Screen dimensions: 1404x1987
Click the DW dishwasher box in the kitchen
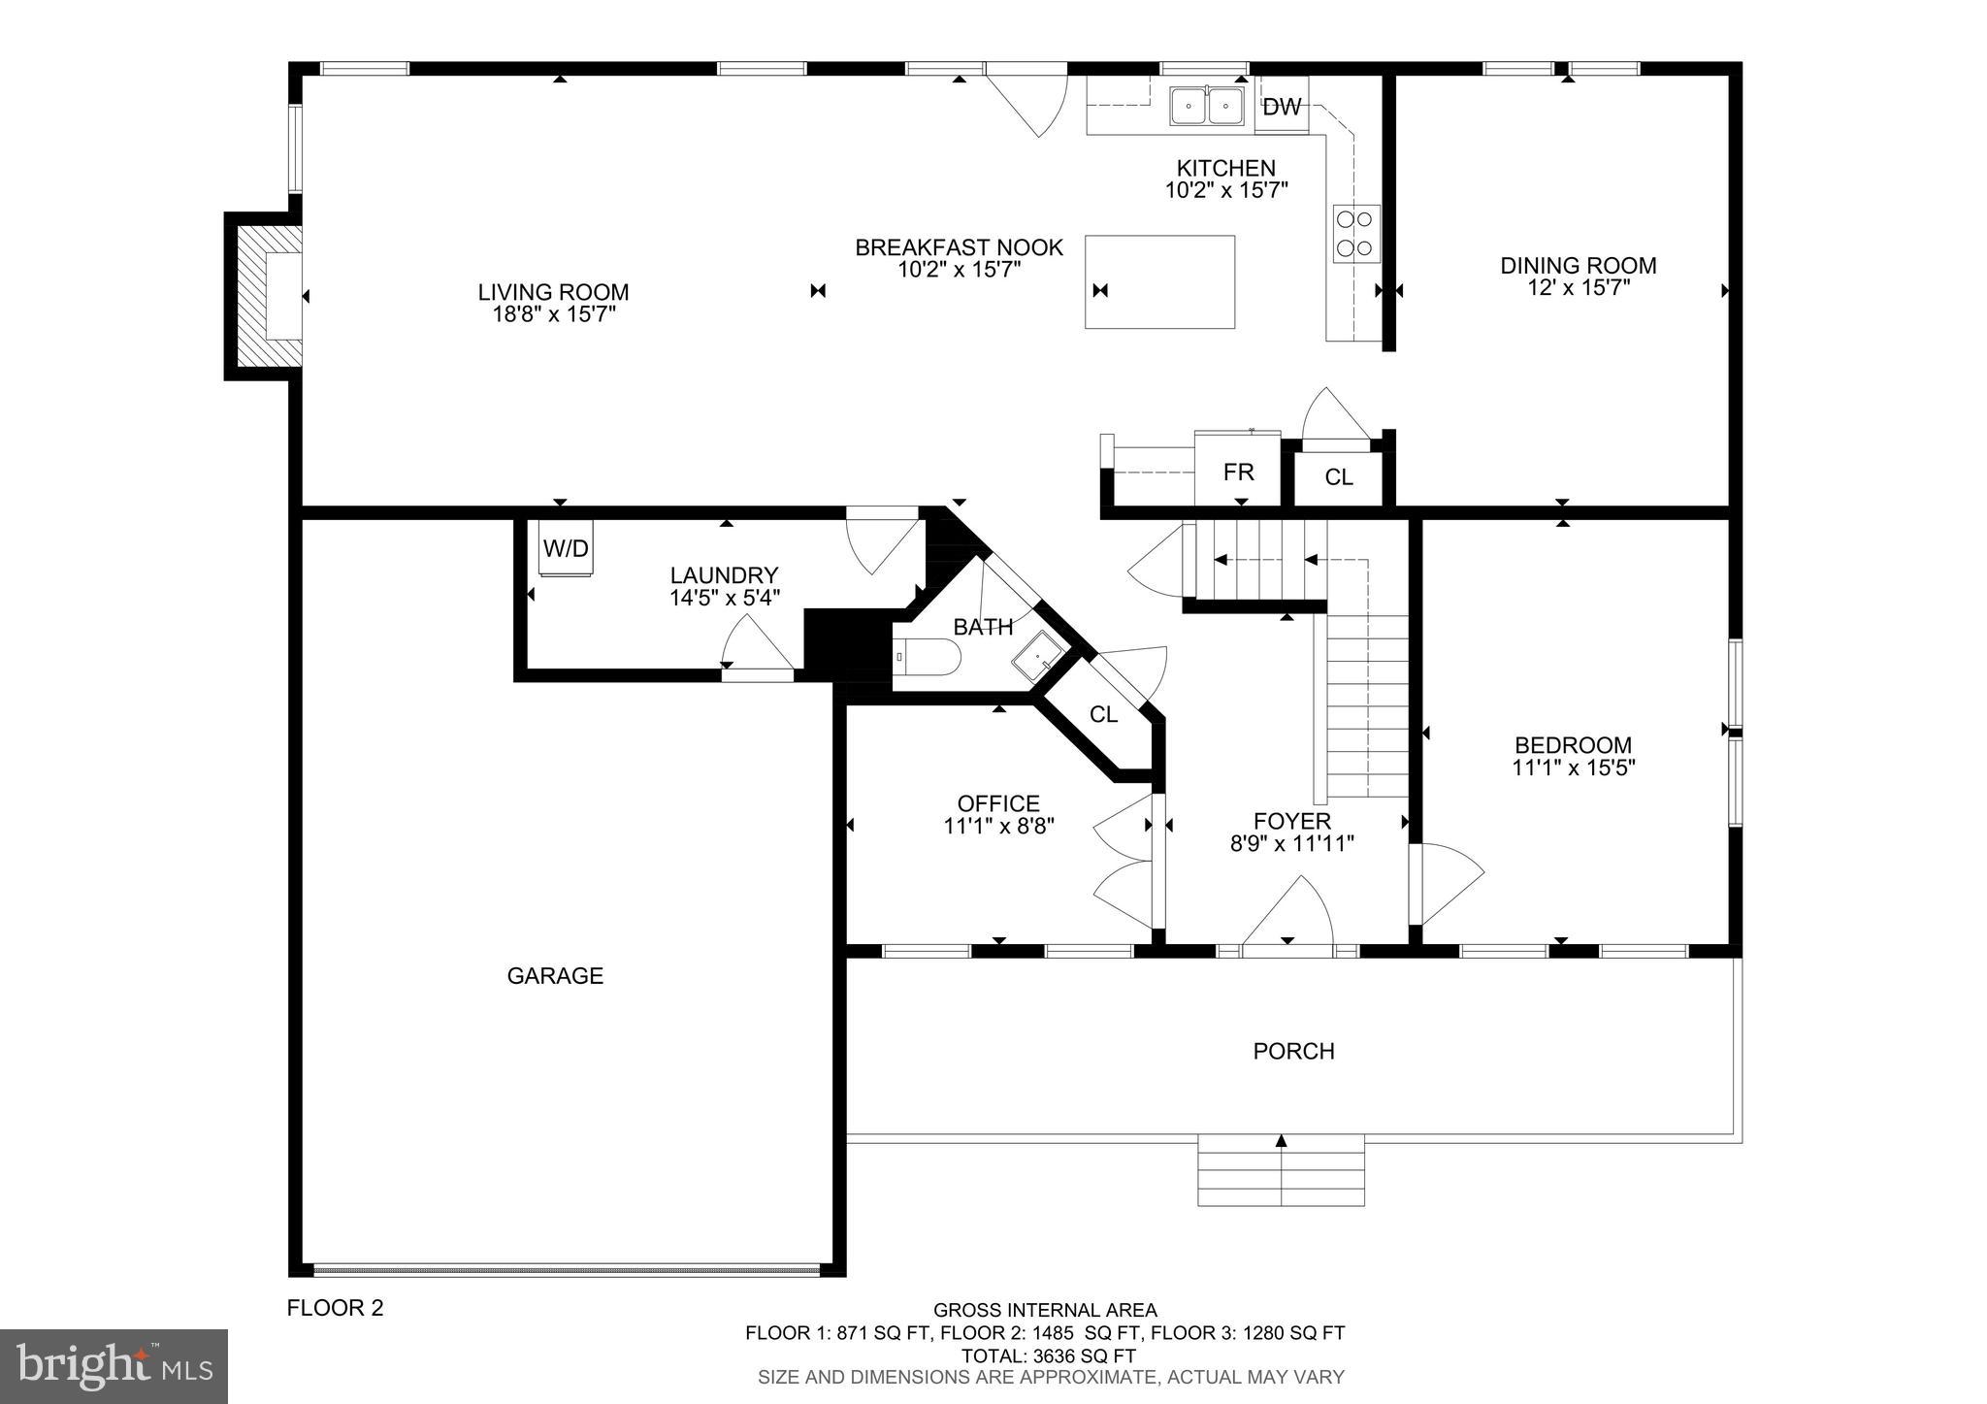pyautogui.click(x=1282, y=106)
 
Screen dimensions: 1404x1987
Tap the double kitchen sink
pyautogui.click(x=1207, y=105)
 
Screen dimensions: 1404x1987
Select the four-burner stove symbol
pyautogui.click(x=1355, y=233)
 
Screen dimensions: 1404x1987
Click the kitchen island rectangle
pyautogui.click(x=1159, y=281)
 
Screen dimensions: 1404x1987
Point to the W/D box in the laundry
pyautogui.click(x=566, y=549)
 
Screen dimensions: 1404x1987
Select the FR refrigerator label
pyautogui.click(x=1238, y=473)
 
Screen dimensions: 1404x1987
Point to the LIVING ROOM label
pyautogui.click(x=553, y=292)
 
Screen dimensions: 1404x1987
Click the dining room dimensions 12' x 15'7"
pyautogui.click(x=1578, y=288)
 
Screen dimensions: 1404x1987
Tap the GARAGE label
pyautogui.click(x=555, y=976)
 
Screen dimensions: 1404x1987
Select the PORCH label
pyautogui.click(x=1293, y=1051)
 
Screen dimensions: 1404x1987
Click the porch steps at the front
pyautogui.click(x=1281, y=1170)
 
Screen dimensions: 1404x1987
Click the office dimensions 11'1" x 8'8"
pyautogui.click(x=998, y=826)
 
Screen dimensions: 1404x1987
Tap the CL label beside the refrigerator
pyautogui.click(x=1338, y=477)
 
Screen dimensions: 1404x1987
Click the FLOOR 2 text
pyautogui.click(x=335, y=1308)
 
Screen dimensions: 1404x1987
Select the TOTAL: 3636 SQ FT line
pyautogui.click(x=1048, y=1355)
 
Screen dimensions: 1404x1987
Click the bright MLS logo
pyautogui.click(x=114, y=1366)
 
